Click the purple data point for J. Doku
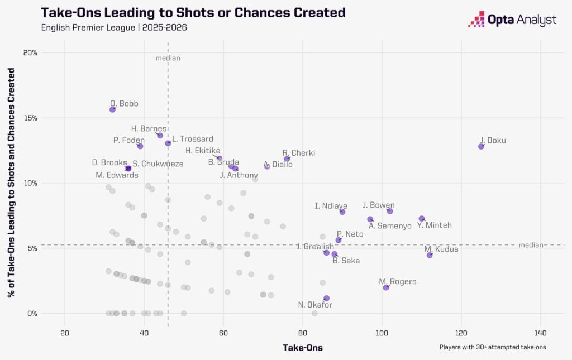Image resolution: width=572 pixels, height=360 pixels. coord(481,146)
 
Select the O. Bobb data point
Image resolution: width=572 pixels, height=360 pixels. coord(112,109)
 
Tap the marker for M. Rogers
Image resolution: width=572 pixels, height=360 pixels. coord(386,287)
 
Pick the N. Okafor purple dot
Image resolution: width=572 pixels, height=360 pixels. coord(326,299)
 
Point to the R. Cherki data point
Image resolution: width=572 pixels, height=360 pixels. coord(287,159)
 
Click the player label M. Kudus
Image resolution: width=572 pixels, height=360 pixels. coord(441,249)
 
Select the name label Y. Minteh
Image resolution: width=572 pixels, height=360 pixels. coord(434,225)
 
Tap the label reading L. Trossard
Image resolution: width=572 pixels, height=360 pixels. coord(192,139)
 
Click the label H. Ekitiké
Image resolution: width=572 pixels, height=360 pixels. coord(203,151)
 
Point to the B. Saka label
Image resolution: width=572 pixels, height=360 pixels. coord(346,261)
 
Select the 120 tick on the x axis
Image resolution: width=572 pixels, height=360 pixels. coord(461,334)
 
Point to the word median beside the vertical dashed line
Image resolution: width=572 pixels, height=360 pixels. coord(168,58)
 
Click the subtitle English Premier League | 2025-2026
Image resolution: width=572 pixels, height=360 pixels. coord(114,27)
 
